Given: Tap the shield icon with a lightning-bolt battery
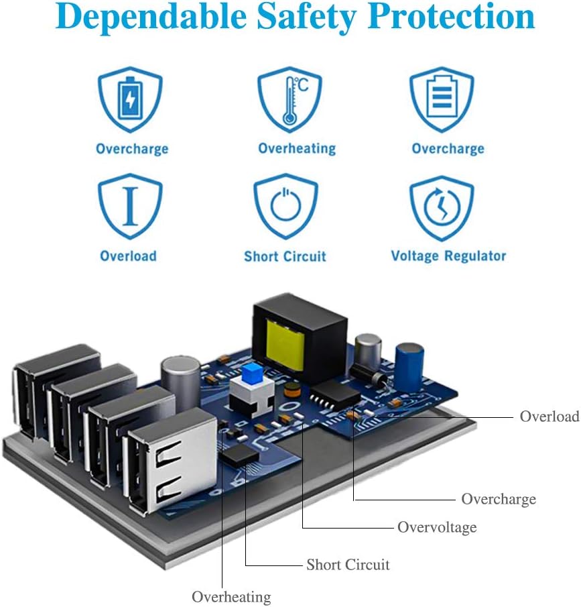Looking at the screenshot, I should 130,101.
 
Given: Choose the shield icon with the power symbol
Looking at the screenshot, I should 285,205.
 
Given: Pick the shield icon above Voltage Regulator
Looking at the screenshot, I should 442,205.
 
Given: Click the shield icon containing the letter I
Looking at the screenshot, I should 130,205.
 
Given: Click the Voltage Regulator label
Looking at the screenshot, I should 448,256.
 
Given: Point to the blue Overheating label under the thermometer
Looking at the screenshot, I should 297,148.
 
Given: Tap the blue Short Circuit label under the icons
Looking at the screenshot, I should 285,256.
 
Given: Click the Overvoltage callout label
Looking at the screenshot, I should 437,527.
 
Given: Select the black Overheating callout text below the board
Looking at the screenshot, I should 231,597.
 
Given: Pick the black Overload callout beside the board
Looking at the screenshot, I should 550,417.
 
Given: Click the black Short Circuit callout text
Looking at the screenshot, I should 348,565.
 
